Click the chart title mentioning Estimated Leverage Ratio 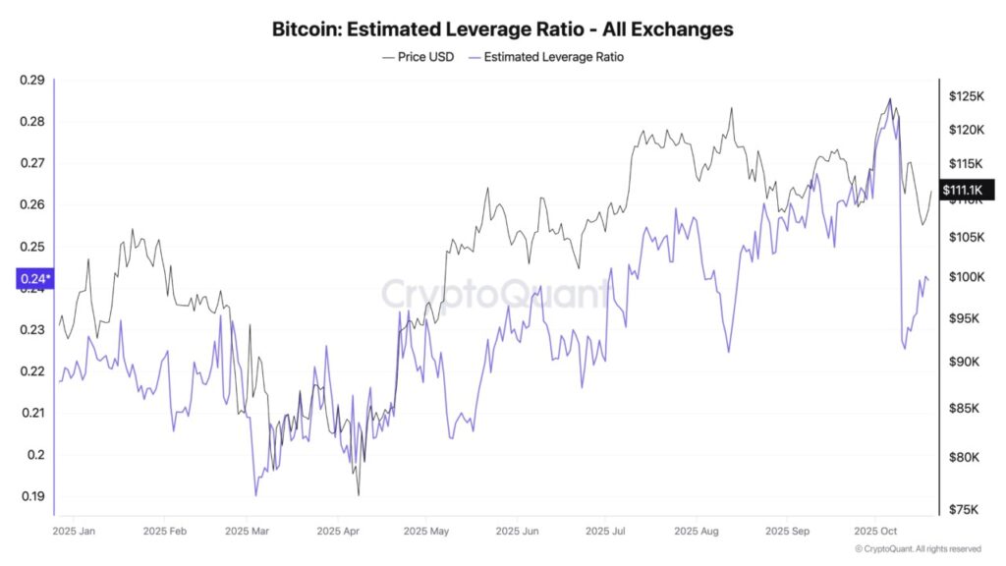tap(502, 29)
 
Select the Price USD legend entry tap(418, 57)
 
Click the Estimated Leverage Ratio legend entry tap(546, 57)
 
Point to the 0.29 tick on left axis tap(32, 80)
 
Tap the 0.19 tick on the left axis tap(32, 496)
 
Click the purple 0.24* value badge tap(34, 279)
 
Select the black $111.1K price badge tap(967, 190)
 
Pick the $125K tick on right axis tap(966, 96)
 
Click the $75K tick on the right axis tap(964, 509)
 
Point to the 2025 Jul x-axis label tap(605, 531)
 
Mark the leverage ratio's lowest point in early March tap(255, 494)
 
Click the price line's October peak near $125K tap(890, 98)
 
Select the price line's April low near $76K tap(359, 494)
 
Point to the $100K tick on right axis tap(966, 277)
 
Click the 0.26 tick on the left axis tap(32, 204)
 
